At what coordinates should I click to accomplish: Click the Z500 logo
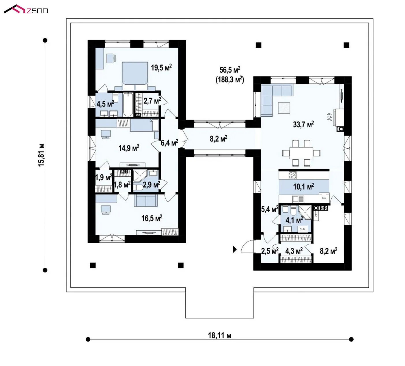[26, 9]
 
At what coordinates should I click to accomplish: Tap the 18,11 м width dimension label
[219, 335]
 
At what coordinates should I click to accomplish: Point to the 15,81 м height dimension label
[41, 155]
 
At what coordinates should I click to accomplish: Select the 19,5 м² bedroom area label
[161, 68]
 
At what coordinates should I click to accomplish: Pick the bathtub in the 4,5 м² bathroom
[128, 104]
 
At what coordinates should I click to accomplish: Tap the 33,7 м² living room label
[303, 124]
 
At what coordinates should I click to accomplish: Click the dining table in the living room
[301, 154]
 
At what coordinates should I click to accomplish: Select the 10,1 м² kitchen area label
[303, 186]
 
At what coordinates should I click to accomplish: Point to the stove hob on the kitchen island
[292, 175]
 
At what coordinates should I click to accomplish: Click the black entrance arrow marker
[235, 249]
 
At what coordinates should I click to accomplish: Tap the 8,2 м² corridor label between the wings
[219, 139]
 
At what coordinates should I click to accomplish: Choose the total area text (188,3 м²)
[230, 80]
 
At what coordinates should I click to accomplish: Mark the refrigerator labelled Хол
[324, 198]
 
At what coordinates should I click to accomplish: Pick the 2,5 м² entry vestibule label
[270, 251]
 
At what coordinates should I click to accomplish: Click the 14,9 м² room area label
[129, 148]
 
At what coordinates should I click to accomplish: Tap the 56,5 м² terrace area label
[230, 70]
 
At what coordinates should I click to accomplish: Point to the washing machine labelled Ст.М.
[303, 229]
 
